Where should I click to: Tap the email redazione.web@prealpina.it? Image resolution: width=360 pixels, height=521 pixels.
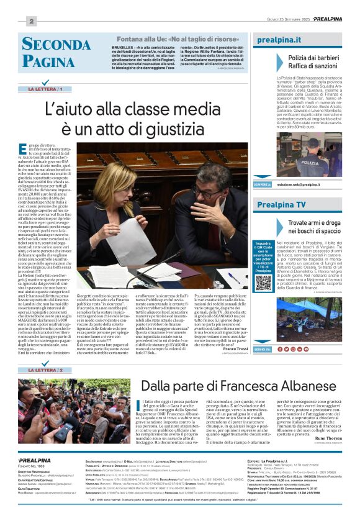(298, 184)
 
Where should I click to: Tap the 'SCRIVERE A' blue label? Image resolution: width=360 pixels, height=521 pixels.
(263, 184)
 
